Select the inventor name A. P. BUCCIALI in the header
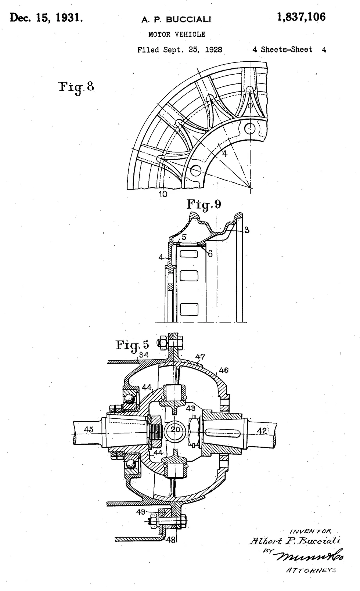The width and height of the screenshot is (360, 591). pos(176,19)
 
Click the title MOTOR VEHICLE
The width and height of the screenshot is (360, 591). pos(177,35)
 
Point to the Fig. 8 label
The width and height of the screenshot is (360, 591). pos(76,87)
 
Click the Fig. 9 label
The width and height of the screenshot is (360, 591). pos(204,204)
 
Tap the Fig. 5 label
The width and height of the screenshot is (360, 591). pos(132,345)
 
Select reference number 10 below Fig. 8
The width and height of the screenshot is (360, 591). pos(163,194)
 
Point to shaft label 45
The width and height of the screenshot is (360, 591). pos(89,429)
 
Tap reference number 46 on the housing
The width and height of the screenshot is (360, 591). pos(224,370)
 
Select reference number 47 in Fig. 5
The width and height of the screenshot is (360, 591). pos(200,356)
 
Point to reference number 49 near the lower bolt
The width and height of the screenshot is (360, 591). pos(141,512)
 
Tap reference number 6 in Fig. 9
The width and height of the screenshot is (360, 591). pos(210,254)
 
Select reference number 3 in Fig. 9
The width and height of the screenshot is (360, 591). pos(247,230)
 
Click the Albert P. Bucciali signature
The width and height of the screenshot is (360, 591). pos(295,541)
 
